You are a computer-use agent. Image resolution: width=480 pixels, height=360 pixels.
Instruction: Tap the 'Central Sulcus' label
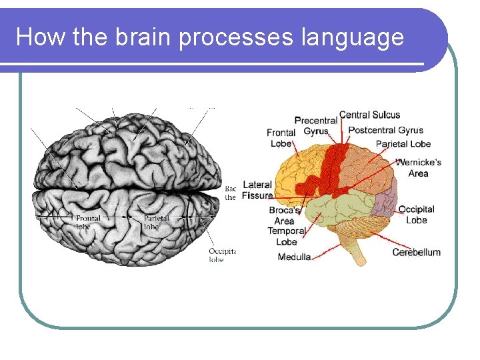click(369, 115)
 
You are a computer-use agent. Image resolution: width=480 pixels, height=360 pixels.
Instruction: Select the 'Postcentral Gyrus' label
click(385, 130)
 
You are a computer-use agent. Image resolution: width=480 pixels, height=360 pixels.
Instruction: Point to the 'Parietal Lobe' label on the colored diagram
click(403, 143)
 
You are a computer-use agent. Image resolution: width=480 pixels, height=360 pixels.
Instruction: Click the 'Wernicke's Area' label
click(418, 168)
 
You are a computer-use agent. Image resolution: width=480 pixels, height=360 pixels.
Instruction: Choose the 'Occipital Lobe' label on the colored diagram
click(416, 215)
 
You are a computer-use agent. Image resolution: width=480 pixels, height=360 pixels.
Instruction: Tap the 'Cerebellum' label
click(416, 252)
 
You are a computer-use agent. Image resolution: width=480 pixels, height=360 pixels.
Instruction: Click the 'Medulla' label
click(294, 257)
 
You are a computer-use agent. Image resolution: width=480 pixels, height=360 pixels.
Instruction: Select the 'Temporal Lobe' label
click(286, 236)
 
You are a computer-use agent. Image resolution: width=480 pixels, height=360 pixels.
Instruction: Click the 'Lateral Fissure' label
click(257, 190)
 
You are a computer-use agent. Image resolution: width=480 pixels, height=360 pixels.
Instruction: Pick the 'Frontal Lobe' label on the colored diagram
click(281, 138)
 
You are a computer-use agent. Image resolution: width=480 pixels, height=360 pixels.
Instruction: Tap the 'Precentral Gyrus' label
click(315, 125)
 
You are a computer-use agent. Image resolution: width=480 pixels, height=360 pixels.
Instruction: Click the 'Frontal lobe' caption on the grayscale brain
click(88, 222)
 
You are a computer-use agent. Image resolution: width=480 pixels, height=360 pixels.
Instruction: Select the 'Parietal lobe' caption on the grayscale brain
click(156, 222)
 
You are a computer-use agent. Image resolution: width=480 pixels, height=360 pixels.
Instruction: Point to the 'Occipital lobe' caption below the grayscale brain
click(221, 255)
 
